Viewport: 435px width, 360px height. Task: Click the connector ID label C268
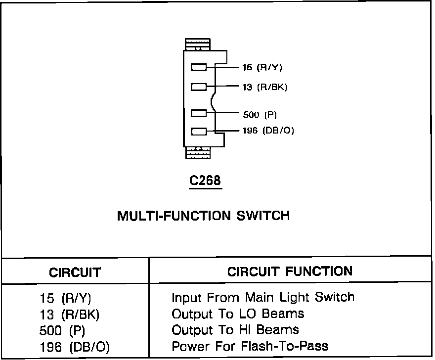205,181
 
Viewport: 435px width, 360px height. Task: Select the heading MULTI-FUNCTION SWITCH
203,216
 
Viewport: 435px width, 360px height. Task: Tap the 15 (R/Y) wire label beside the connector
262,67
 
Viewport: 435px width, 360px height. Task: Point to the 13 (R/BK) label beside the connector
264,87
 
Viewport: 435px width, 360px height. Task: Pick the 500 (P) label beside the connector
260,115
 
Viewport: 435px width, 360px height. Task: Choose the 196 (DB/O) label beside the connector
268,131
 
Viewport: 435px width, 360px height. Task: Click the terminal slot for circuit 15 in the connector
199,67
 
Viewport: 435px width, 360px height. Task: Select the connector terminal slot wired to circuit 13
199,87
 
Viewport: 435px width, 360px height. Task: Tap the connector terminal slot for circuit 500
199,113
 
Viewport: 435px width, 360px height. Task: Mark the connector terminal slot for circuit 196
199,132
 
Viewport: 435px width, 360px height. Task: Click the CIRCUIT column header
75,272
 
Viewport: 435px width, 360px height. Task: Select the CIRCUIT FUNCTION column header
290,271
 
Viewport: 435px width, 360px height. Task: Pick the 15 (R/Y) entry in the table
66,299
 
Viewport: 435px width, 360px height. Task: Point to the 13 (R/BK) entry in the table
69,315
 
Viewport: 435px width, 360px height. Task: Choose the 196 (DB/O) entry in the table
74,347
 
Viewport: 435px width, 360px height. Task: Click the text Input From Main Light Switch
263,298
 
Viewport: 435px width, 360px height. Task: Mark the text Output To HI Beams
235,329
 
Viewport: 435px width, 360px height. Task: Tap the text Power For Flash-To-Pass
250,346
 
